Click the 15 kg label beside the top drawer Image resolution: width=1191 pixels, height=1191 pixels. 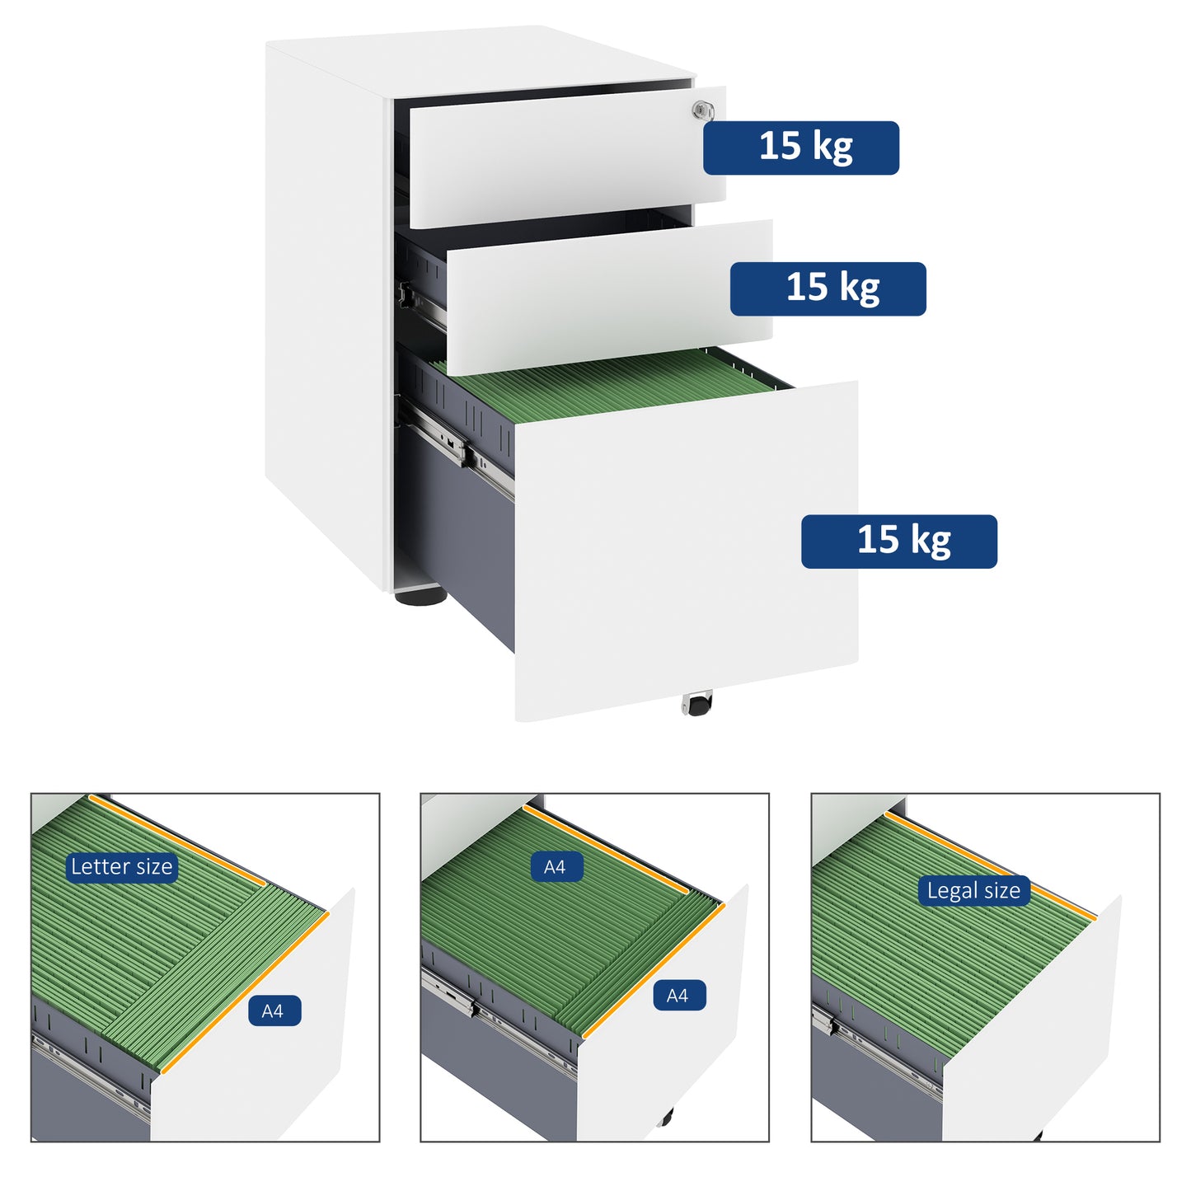800,148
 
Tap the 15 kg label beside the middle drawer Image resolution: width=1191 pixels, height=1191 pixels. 828,288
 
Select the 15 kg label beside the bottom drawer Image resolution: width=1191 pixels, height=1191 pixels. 898,542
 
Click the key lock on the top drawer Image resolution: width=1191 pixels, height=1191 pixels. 702,110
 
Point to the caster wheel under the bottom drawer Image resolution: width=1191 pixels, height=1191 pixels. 697,705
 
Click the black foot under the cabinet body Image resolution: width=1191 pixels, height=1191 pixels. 420,594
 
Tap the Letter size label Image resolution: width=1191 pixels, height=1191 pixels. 121,866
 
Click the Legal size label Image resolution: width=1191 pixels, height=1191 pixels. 973,890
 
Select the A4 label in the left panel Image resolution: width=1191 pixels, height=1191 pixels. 274,1011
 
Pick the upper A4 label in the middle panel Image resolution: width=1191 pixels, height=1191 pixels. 556,867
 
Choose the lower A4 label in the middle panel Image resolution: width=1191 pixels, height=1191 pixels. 678,996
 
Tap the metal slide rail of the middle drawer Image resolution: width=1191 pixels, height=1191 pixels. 422,304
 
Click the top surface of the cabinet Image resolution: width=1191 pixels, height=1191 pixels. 478,62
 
